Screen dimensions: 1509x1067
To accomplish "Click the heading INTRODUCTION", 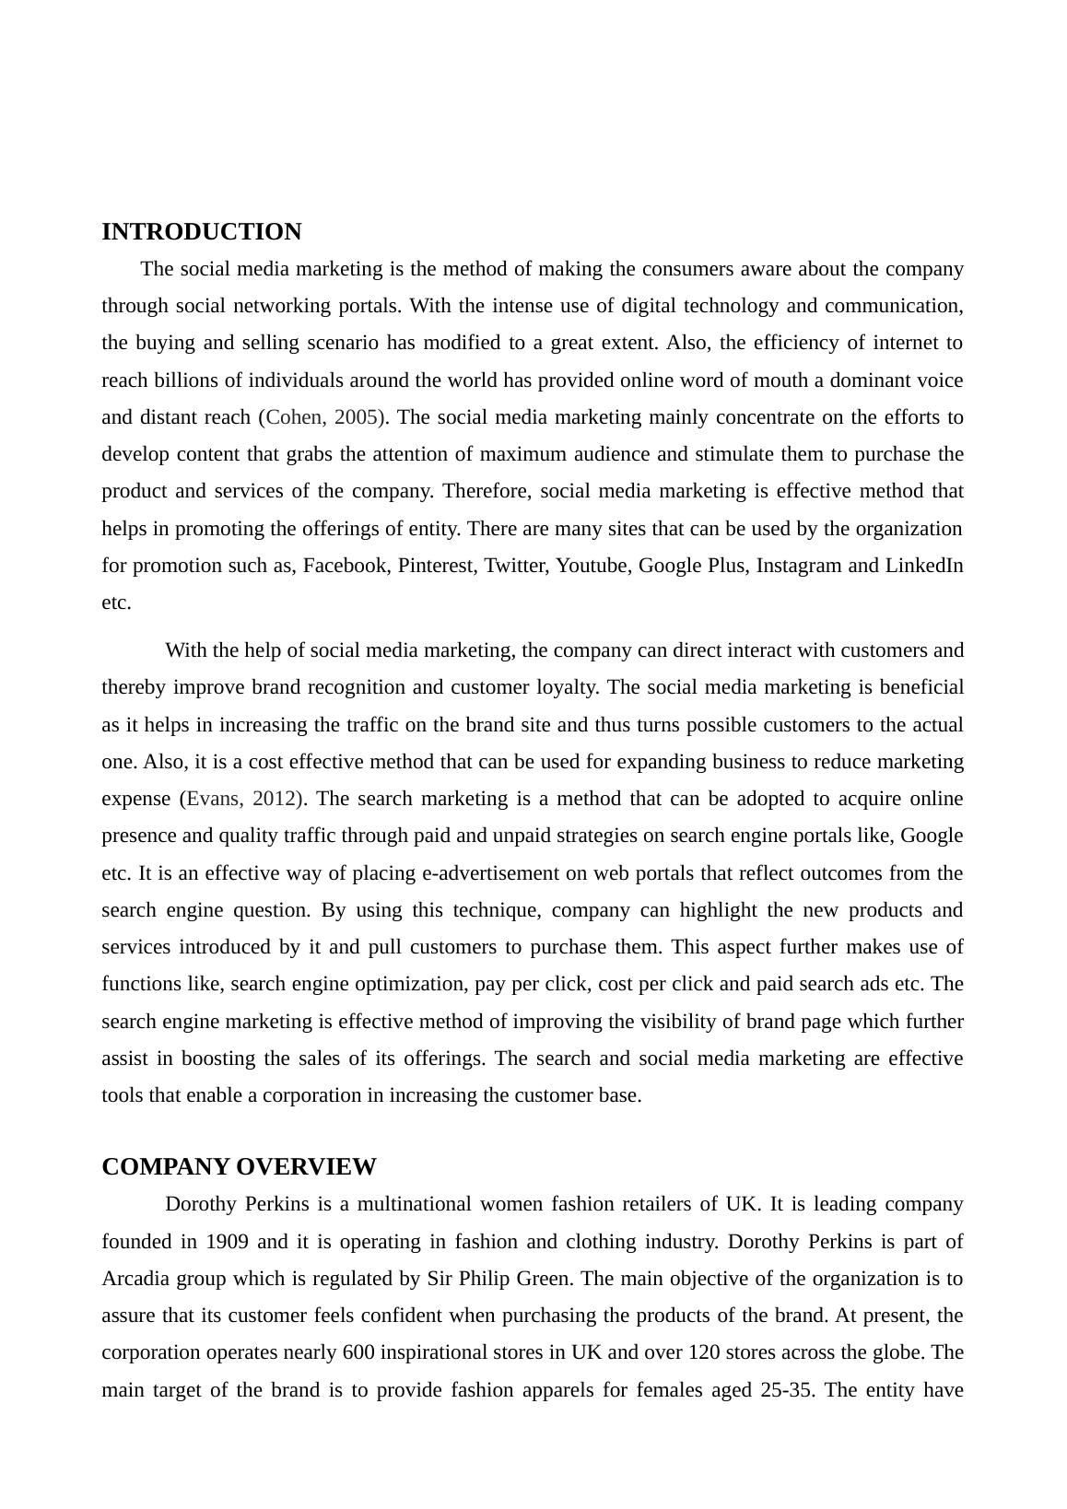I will pos(201,231).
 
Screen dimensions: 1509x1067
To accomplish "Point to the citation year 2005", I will pos(357,417).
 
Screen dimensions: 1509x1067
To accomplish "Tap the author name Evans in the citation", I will pos(214,799).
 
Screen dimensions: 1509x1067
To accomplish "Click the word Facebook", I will pos(345,566).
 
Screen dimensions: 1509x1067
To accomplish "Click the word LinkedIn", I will pos(924,566).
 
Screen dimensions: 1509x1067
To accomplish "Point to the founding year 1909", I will pos(227,1242).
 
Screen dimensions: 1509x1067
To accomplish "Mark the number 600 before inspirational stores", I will pos(358,1353).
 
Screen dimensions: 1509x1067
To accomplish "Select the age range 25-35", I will pos(786,1390).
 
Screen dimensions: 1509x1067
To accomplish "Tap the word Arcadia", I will pos(132,1279).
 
